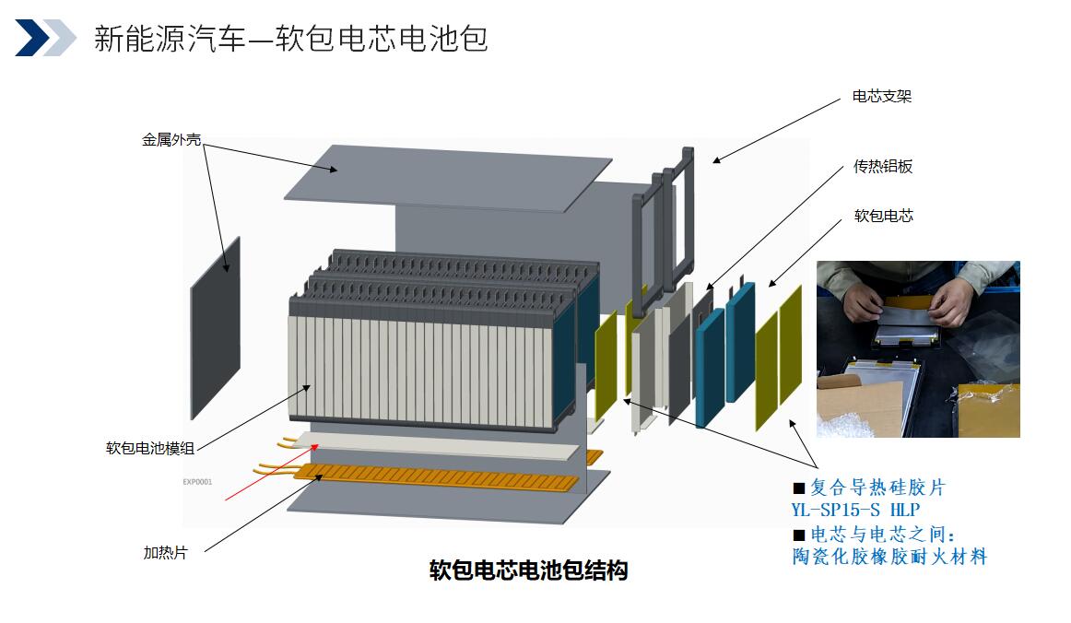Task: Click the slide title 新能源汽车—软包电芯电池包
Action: [290, 39]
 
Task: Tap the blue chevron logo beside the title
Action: [45, 38]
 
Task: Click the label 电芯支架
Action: [881, 97]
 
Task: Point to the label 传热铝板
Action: [882, 167]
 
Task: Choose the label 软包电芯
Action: [883, 217]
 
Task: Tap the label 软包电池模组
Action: [150, 449]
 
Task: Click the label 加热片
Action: [165, 553]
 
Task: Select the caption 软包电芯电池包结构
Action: [528, 570]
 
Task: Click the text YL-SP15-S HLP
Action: [855, 510]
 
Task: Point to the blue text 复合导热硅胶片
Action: [877, 488]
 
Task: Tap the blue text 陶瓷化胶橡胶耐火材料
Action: [889, 557]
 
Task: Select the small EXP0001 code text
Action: [196, 481]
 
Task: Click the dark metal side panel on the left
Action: [215, 328]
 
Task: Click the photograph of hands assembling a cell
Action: [917, 348]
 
